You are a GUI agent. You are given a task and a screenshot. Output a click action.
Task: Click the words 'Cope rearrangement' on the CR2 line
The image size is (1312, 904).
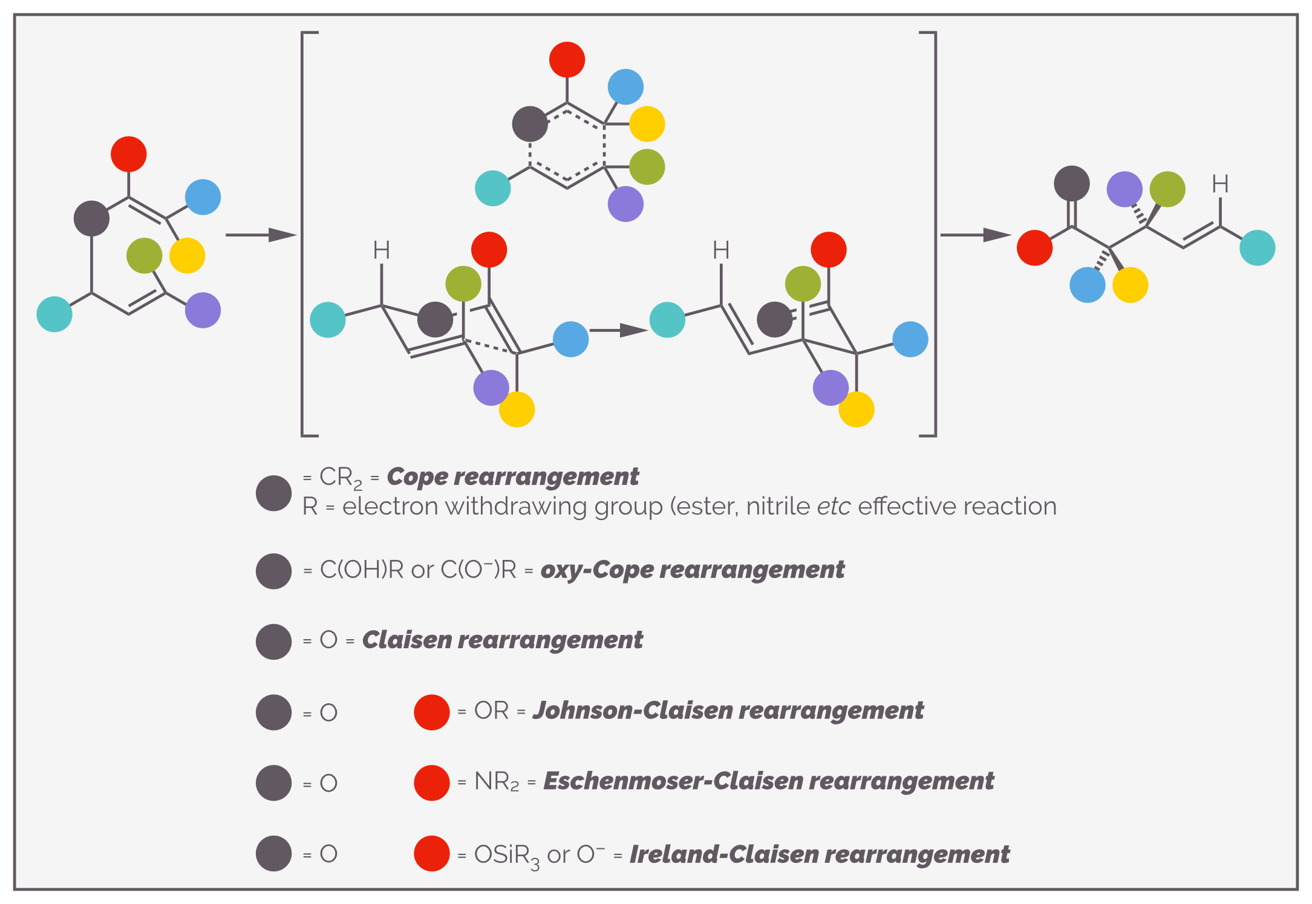click(512, 477)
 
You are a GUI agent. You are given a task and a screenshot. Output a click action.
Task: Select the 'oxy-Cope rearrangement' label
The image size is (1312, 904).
click(692, 570)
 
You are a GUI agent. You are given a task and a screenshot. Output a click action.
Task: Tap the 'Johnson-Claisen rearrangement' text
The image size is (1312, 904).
click(728, 711)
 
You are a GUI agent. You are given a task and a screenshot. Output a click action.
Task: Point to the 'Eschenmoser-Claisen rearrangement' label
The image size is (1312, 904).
click(768, 781)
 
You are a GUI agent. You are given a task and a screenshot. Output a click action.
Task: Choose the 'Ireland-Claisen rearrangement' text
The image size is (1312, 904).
click(820, 854)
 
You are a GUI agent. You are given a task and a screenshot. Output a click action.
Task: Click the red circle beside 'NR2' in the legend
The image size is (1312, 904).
click(432, 782)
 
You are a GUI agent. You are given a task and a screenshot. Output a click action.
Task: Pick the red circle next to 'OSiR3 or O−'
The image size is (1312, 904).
click(432, 853)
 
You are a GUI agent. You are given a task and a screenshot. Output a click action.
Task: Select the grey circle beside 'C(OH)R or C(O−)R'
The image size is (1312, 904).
click(273, 571)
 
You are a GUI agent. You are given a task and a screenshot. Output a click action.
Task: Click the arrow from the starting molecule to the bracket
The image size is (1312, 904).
click(261, 235)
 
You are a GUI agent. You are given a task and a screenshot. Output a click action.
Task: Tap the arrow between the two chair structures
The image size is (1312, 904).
click(618, 330)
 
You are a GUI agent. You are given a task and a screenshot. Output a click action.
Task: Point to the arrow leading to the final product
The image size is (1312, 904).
click(976, 235)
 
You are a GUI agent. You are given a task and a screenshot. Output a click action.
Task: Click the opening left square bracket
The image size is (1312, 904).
click(308, 234)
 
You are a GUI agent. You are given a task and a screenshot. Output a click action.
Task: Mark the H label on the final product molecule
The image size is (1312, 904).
click(1221, 184)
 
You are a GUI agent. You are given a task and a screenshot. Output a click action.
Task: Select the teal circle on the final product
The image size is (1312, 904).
click(1258, 248)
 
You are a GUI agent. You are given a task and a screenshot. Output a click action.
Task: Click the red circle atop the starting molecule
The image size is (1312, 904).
click(129, 154)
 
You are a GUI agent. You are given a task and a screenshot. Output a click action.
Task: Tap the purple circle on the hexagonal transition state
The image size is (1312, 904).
click(625, 204)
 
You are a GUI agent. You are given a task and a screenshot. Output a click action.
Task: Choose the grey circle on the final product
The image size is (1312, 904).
click(1072, 183)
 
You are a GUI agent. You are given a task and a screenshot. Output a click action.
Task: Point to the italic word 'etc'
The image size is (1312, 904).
click(834, 507)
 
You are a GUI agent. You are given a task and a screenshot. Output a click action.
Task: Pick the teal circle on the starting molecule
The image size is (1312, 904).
click(54, 314)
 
